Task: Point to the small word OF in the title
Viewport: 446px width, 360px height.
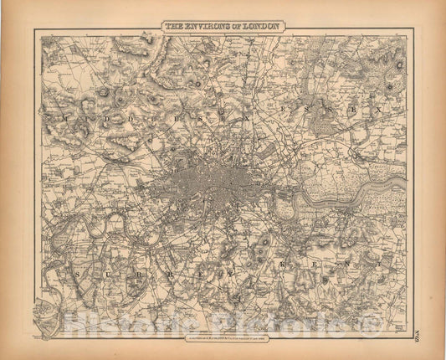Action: pyautogui.click(x=240, y=26)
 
